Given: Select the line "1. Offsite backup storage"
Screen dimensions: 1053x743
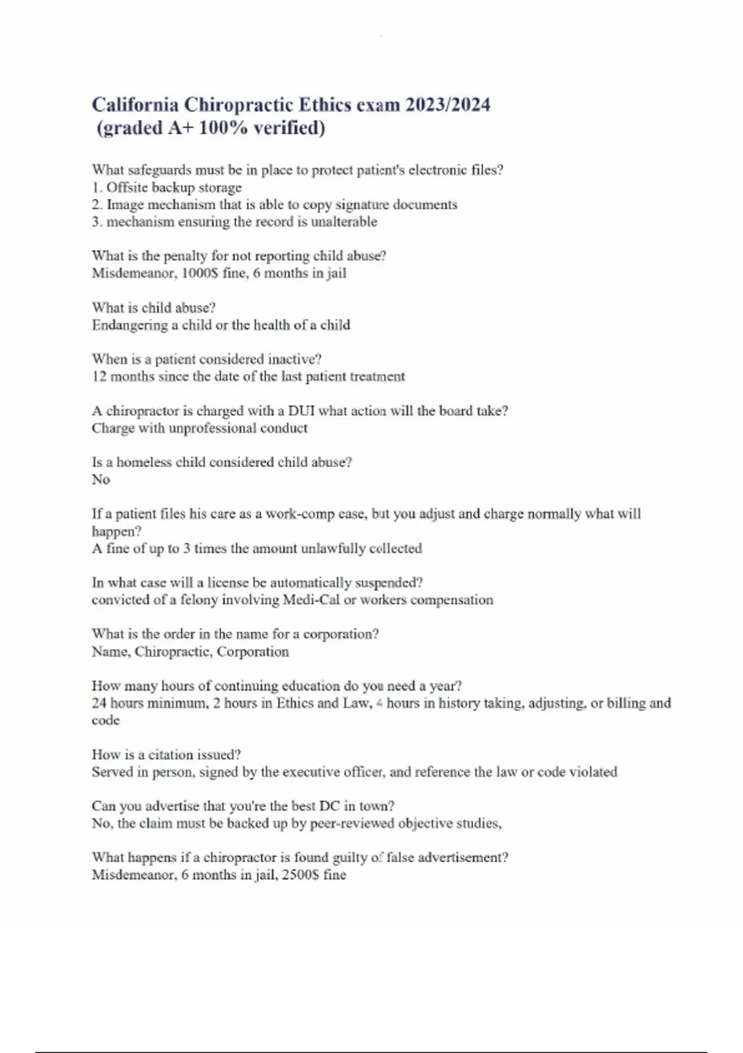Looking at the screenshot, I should pyautogui.click(x=167, y=187).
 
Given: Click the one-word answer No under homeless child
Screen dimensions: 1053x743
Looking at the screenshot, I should pyautogui.click(x=100, y=479).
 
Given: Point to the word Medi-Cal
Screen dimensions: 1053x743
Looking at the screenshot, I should pyautogui.click(x=311, y=600).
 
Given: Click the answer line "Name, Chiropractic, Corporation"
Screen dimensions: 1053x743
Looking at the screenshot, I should pyautogui.click(x=190, y=652).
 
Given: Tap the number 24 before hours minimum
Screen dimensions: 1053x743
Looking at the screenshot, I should pyautogui.click(x=99, y=703).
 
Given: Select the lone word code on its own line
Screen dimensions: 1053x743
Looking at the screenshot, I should pyautogui.click(x=105, y=720).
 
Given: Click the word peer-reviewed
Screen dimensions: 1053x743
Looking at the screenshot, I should pyautogui.click(x=352, y=823).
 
